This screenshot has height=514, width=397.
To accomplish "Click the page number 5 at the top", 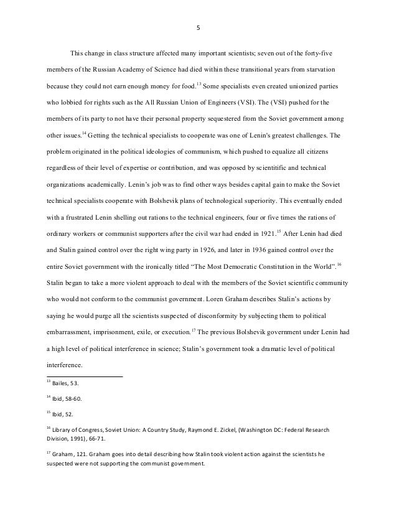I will [x=198, y=27].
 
